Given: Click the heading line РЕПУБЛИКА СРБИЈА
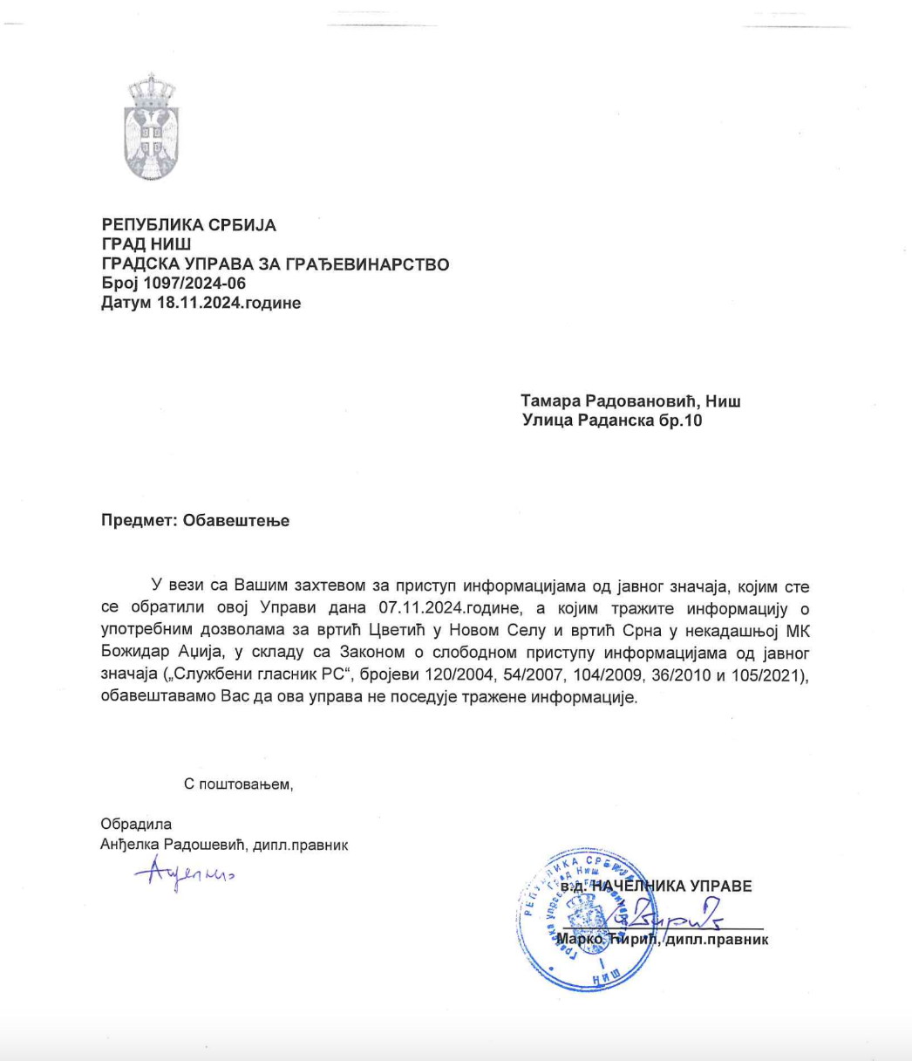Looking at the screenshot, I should coord(189,225).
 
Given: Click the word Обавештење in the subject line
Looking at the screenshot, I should coord(235,521).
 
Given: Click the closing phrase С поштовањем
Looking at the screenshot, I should coord(239,784).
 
